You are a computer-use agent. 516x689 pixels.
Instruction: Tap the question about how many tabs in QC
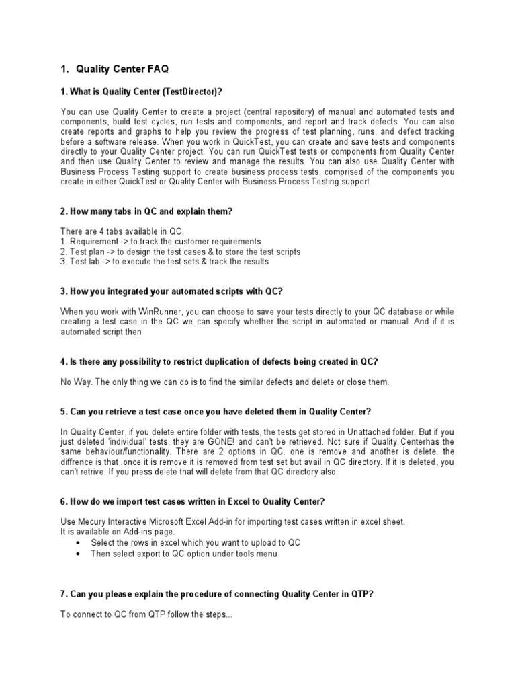pyautogui.click(x=146, y=211)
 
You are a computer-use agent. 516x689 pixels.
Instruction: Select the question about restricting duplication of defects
pyautogui.click(x=219, y=362)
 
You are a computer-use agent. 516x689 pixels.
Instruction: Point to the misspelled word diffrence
pyautogui.click(x=77, y=462)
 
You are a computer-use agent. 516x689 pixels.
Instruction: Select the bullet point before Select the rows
pyautogui.click(x=80, y=542)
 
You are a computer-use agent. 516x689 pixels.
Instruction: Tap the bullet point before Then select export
pyautogui.click(x=80, y=554)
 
